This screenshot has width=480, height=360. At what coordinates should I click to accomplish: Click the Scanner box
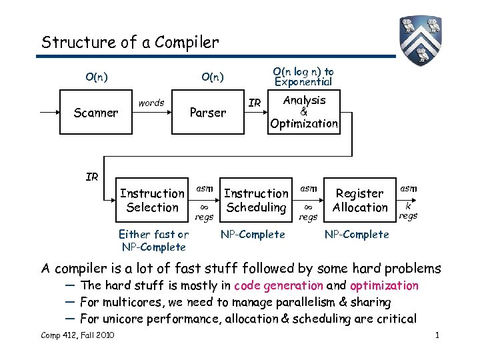[x=96, y=113]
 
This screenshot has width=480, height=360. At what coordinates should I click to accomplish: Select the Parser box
[x=207, y=113]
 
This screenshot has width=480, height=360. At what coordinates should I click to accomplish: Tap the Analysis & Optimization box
[x=304, y=112]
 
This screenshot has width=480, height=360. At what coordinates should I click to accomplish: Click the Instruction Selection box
[x=152, y=201]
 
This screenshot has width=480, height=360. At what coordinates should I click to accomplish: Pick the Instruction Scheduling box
[x=256, y=201]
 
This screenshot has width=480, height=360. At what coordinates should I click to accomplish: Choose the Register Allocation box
[x=360, y=201]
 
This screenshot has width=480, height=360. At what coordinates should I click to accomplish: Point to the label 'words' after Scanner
[x=151, y=103]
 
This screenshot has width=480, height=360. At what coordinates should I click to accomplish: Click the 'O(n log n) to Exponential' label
[x=303, y=77]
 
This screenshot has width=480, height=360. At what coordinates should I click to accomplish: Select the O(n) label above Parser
[x=213, y=77]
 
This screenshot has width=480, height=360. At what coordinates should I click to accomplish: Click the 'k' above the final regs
[x=408, y=206]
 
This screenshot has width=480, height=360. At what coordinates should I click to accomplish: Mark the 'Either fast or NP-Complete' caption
[x=153, y=241]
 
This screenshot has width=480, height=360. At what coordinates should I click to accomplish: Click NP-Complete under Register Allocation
[x=356, y=234]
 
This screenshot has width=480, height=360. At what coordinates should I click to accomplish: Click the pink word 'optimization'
[x=384, y=286]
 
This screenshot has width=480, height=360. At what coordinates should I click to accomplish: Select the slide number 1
[x=437, y=335]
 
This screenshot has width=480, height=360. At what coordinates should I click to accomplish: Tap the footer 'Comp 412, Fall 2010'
[x=77, y=335]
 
